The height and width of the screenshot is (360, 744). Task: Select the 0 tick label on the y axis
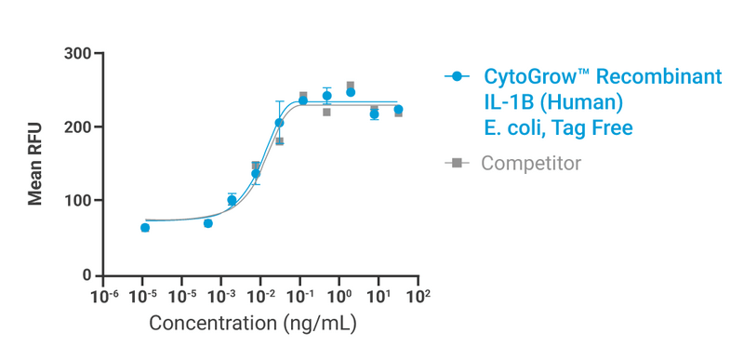pos(86,275)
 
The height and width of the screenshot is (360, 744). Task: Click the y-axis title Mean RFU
pos(34,164)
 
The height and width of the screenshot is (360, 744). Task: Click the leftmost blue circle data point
pos(145,227)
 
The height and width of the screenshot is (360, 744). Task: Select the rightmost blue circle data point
pos(398,110)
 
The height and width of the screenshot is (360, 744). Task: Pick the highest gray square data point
pos(351,87)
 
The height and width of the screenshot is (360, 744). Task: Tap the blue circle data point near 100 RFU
pos(232,200)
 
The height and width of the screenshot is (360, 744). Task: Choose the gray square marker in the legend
pos(456,163)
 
